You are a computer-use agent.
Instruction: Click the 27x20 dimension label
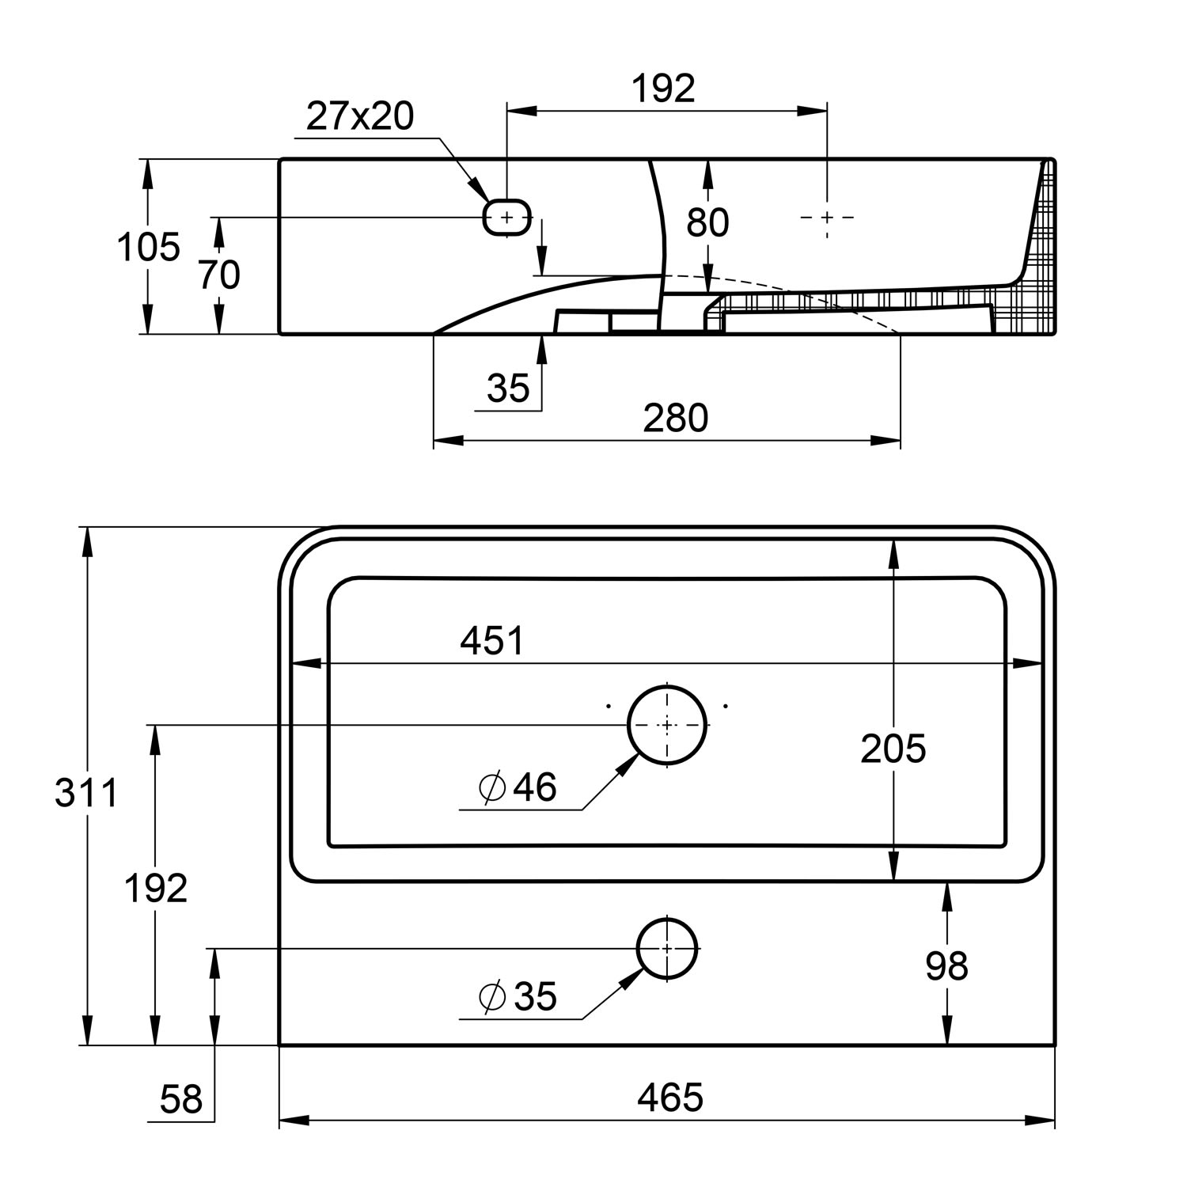pos(360,117)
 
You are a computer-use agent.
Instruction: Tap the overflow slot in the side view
pos(507,216)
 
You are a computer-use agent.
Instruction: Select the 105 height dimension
pos(148,248)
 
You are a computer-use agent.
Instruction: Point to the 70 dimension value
pos(219,275)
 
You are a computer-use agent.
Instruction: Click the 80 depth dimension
pos(707,223)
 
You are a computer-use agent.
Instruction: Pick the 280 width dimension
pos(675,418)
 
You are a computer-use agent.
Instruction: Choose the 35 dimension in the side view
pos(508,389)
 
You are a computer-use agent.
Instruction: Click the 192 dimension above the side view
pos(663,89)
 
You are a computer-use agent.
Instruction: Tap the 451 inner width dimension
pos(491,641)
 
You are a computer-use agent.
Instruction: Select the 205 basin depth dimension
pos(893,749)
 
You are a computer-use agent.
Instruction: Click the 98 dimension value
pos(946,966)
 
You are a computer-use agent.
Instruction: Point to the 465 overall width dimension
pos(670,1098)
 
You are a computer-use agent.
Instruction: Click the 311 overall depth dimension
pos(86,793)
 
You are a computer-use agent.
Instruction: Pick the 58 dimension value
pos(181,1099)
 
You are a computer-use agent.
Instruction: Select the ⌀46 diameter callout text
pos(518,787)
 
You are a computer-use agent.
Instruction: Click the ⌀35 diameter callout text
pos(518,996)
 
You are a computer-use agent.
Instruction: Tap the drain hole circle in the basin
pos(667,725)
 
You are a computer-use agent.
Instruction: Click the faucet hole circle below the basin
pos(667,948)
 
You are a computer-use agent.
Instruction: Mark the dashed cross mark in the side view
pos(827,216)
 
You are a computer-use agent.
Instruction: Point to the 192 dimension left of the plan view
pos(156,889)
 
